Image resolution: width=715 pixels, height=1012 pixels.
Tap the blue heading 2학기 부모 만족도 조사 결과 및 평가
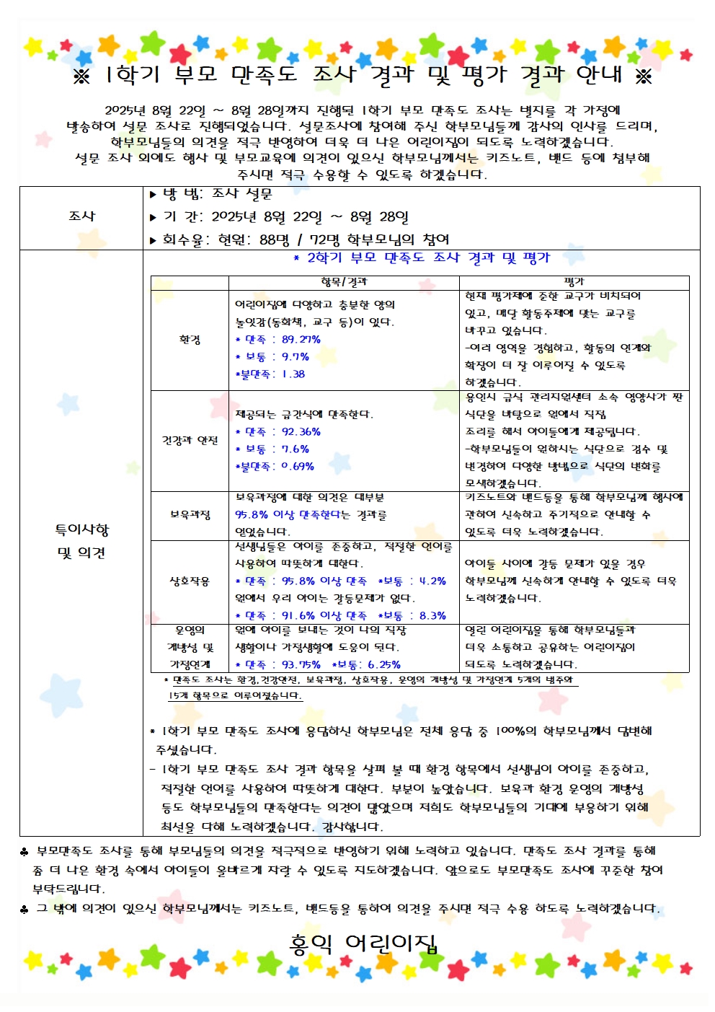coord(422,258)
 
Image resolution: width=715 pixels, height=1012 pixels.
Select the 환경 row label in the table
coord(190,340)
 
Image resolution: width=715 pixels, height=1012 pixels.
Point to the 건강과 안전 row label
coord(190,440)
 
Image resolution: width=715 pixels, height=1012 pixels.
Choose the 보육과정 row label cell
coord(190,514)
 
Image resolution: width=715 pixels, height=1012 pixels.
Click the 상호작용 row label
coord(190,581)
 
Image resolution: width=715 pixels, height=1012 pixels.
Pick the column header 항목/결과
coord(344,282)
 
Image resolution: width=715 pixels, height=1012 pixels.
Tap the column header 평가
coord(574,282)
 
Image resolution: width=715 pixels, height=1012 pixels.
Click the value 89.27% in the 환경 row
coord(301,340)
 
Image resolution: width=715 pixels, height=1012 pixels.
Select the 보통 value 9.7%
coord(296,357)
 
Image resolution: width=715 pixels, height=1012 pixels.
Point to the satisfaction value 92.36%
coord(301,432)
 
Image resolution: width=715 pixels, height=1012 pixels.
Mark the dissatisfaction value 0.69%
coord(298,467)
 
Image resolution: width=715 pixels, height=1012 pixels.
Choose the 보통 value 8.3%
coord(432,615)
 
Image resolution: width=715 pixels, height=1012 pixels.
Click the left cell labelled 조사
coord(81,216)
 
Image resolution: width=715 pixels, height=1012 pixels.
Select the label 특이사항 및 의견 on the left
coord(81,541)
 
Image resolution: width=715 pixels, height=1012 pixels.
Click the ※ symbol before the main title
coord(81,76)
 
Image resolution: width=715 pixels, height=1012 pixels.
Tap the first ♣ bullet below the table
coord(25,852)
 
